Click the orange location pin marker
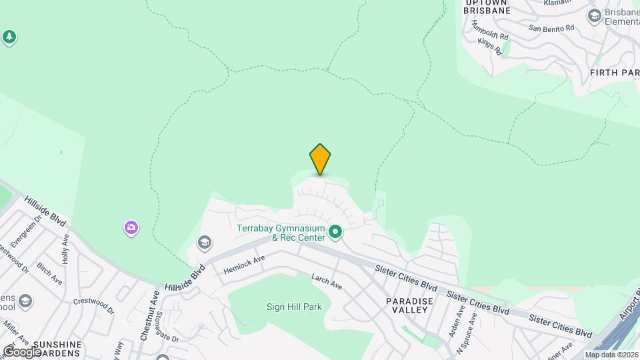[x=320, y=159]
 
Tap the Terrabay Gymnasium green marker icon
[x=335, y=232]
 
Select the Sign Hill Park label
[x=295, y=307]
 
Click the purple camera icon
[x=131, y=228]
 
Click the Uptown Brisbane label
[x=487, y=7]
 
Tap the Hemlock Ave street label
[x=245, y=264]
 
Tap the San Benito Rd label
[x=551, y=28]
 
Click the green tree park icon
[x=9, y=37]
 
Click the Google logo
[x=21, y=351]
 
